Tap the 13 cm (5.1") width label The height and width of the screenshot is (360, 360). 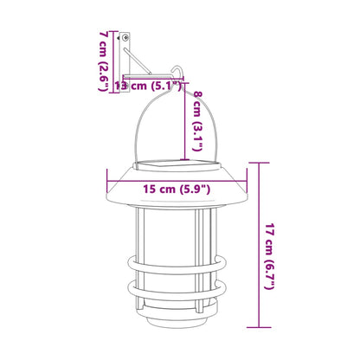tap(149, 86)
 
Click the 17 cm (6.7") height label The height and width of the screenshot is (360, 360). tap(271, 243)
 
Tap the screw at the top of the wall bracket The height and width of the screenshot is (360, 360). tap(125, 38)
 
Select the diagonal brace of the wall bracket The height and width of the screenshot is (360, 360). tap(138, 62)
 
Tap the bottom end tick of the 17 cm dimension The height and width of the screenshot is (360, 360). tap(257, 327)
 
